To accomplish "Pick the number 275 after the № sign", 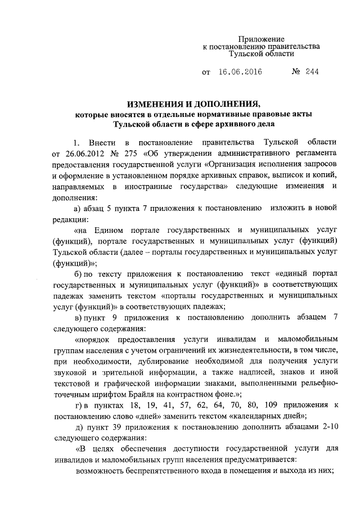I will [132, 153].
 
